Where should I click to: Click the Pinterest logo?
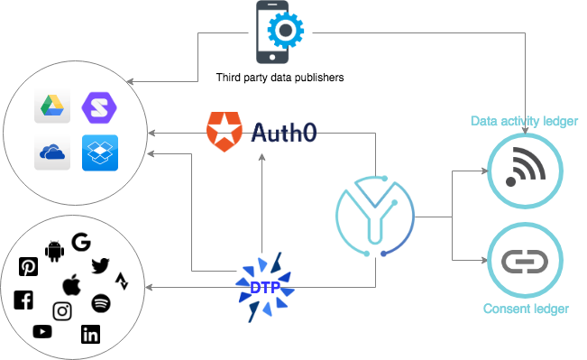29,266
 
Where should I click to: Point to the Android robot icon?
53,249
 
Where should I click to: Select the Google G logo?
81,242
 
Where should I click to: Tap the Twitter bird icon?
99,264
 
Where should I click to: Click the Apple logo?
71,285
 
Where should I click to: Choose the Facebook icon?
23,300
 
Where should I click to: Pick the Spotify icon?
100,301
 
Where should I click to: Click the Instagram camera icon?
62,311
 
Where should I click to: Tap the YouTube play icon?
42,332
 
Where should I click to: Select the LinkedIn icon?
90,335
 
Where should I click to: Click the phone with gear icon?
279,32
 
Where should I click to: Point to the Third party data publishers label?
280,78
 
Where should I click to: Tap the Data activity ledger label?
524,121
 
